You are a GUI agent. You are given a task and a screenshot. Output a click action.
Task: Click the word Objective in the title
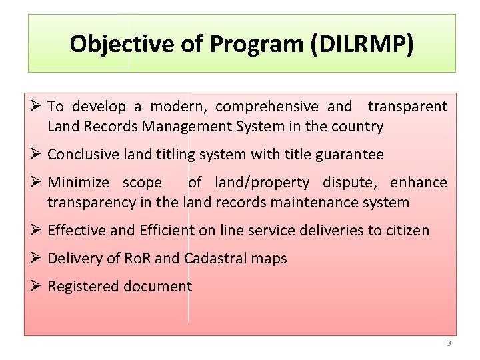tap(122, 44)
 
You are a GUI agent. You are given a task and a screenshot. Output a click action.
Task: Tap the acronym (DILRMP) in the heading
tap(362, 44)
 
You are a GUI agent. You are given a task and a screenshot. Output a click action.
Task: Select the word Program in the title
tap(256, 45)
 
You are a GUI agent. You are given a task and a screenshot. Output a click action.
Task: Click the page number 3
tap(449, 343)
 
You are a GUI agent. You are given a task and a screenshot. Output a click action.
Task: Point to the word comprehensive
tap(267, 107)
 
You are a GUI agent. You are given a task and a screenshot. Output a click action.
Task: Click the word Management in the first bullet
tap(187, 127)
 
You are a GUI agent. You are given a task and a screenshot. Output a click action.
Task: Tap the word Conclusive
tap(83, 154)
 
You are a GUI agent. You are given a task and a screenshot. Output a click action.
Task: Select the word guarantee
tap(349, 155)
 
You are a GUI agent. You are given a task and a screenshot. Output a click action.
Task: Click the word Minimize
tap(79, 183)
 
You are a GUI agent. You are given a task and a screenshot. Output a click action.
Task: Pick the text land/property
tap(262, 183)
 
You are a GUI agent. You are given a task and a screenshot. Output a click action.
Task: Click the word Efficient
tap(167, 230)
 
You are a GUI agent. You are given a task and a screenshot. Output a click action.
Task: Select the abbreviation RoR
tap(137, 259)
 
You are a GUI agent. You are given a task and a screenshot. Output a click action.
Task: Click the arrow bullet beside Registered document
tap(36, 285)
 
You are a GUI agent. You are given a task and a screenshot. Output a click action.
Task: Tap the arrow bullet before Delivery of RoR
tap(36, 257)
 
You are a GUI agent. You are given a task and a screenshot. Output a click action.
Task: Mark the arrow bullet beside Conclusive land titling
tap(36, 153)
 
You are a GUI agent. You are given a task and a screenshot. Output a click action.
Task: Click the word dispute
tap(349, 183)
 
